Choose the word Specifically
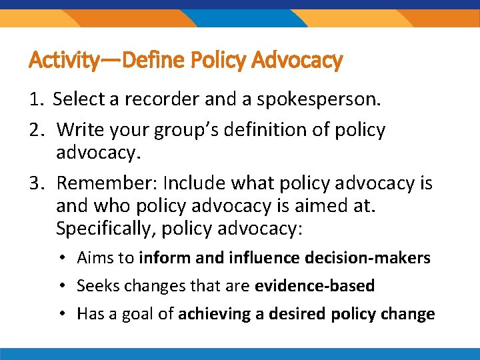[102, 229]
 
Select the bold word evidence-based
[315, 286]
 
